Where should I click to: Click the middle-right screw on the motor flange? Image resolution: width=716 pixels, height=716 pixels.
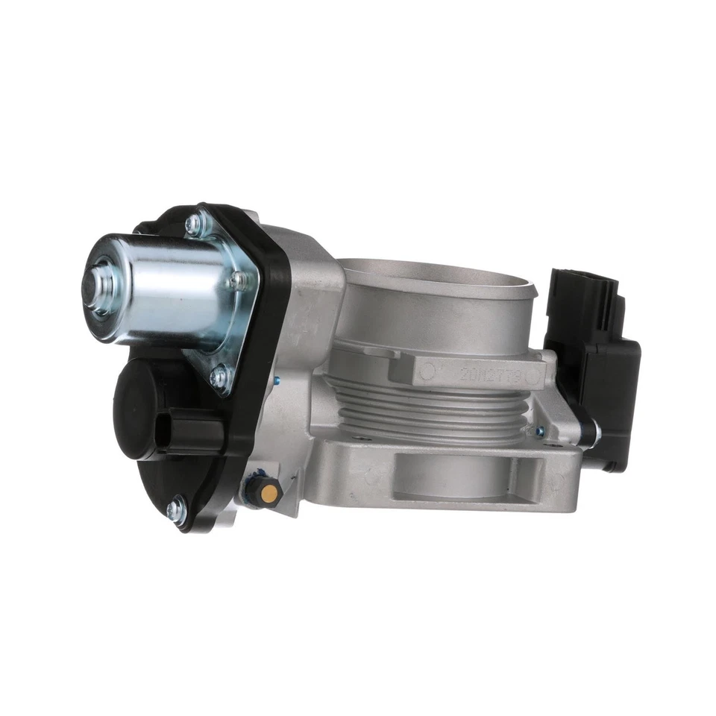tap(238, 280)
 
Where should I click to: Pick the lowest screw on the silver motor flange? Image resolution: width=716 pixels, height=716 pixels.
tap(218, 377)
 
